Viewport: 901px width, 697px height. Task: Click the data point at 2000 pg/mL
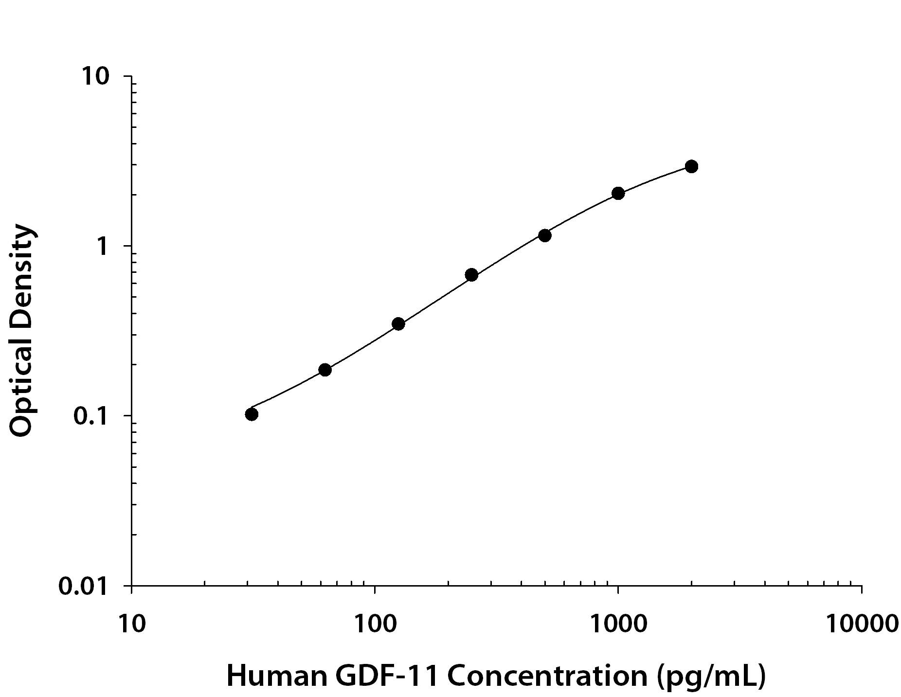691,166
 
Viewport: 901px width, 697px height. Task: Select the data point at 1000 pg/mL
618,193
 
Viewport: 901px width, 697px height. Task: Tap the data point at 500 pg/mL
545,235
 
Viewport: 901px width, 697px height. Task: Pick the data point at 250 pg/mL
471,275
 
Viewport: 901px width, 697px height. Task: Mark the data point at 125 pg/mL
398,323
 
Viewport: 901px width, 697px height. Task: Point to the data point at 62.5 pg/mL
325,370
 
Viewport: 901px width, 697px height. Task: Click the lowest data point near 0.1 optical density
252,414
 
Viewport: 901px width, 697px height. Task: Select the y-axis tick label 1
102,247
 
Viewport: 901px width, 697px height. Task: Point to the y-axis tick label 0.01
83,587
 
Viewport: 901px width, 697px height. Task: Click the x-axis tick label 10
131,624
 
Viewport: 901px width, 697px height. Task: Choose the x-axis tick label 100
374,624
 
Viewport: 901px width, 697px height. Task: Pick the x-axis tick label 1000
618,624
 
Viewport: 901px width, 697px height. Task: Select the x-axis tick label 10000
861,624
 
